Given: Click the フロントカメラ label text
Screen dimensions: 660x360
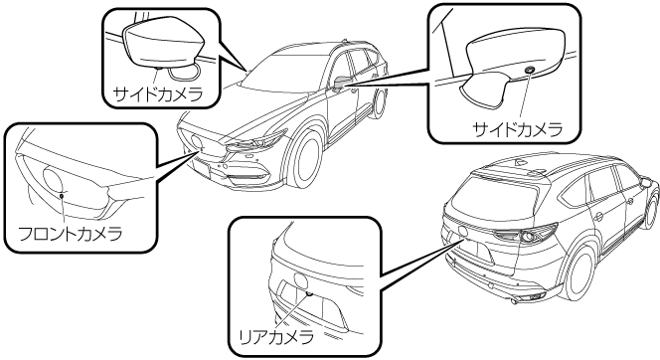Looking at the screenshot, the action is (71, 234).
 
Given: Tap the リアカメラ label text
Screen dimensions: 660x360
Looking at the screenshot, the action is (276, 337).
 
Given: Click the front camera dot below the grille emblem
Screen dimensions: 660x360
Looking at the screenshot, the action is (62, 195).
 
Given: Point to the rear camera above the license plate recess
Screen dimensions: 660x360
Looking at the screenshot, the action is (310, 293).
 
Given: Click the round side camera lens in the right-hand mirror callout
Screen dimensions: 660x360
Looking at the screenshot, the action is (530, 70).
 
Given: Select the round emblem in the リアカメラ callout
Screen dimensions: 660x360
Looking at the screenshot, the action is (300, 280).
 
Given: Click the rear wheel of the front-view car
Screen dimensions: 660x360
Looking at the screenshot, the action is (381, 103).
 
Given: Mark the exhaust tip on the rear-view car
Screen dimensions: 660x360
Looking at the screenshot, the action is (514, 301).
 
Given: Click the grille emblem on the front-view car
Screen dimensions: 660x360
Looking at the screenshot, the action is (195, 142).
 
